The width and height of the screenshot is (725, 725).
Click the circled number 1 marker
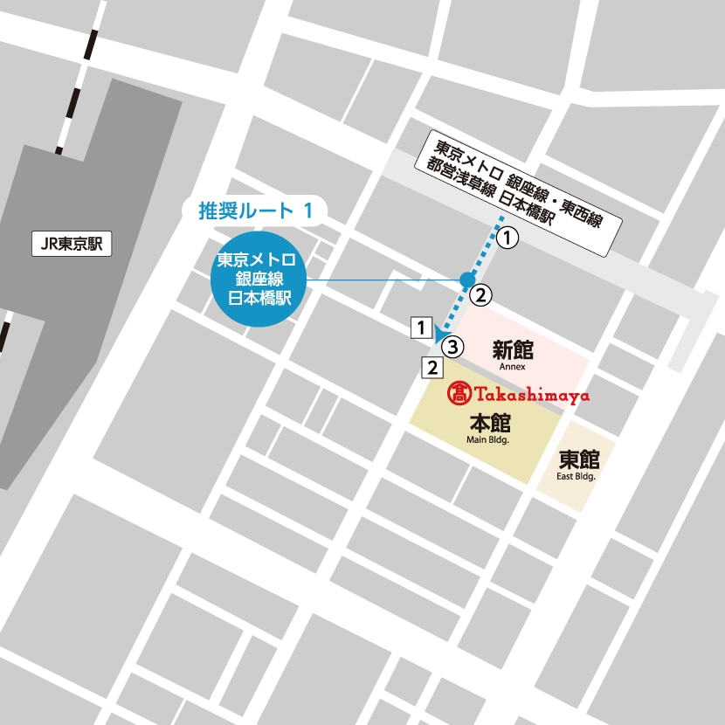(508, 236)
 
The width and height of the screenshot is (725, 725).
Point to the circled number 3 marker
(451, 347)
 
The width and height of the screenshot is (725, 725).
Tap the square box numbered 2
(432, 368)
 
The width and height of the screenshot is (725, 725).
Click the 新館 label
(512, 351)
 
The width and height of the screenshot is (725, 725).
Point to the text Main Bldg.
(487, 441)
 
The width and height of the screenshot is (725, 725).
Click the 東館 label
(577, 459)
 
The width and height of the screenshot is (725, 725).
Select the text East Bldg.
(576, 477)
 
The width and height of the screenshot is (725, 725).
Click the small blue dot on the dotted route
(466, 280)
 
